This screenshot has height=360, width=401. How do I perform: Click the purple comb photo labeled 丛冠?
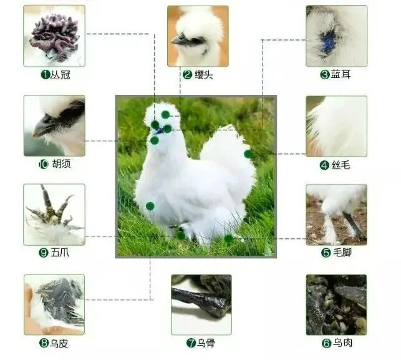coord(54,36)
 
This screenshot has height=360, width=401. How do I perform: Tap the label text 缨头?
coord(204,75)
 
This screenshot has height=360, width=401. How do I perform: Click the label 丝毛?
coord(341,165)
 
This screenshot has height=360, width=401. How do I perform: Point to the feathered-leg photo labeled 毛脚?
coord(337,215)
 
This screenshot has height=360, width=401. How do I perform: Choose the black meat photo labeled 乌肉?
coord(337,304)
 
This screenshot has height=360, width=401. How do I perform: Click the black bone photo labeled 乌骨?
coord(201,304)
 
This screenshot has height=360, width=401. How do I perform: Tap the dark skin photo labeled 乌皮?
coord(54,304)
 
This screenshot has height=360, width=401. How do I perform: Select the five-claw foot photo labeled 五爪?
coord(54,215)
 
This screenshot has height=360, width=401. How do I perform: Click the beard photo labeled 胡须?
coord(54,125)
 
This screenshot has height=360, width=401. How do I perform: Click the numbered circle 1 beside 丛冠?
coord(46,75)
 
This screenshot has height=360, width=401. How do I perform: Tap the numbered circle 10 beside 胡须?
coord(44,164)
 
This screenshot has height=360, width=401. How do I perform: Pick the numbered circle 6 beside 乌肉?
coord(326,343)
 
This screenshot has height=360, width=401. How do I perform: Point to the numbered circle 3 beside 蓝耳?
coord(325,74)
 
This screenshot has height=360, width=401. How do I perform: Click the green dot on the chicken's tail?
coord(248,154)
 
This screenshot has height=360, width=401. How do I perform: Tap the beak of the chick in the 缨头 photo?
coord(177,40)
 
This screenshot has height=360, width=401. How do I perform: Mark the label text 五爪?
coord(60,253)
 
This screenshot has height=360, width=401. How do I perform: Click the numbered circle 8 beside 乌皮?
coord(44,343)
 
